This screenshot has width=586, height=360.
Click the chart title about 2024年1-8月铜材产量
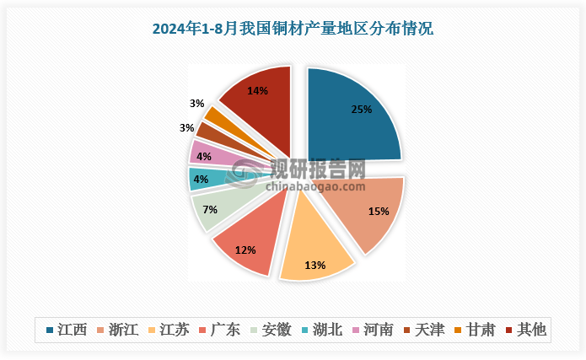pos(292,29)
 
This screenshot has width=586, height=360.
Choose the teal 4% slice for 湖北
pos(202,178)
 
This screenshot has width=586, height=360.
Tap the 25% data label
pos(361,109)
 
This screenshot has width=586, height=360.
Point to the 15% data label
pos(379,212)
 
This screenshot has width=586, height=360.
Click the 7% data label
pos(210,209)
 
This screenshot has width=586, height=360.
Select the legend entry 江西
pos(67,330)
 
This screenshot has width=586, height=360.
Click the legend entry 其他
pos(524,330)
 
